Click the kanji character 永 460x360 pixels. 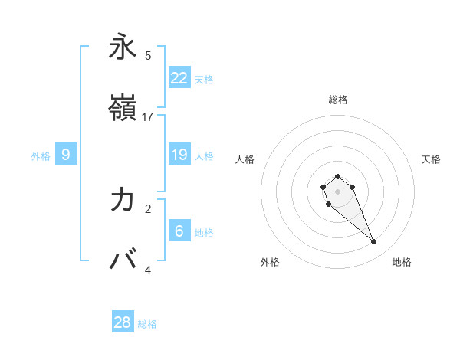[x=123, y=47]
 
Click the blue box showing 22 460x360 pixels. [x=179, y=77]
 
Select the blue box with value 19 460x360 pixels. [x=179, y=155]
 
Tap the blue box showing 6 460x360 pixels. [x=179, y=231]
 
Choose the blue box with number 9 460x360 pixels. [x=66, y=155]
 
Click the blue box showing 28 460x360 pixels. [x=123, y=322]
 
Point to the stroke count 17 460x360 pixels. [x=148, y=117]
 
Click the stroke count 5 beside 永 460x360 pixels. [x=148, y=56]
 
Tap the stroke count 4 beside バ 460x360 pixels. [x=148, y=270]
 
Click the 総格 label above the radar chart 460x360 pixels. [x=337, y=100]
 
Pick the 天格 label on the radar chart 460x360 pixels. [x=431, y=159]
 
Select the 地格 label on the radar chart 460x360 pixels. [x=402, y=262]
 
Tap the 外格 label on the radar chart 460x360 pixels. [x=270, y=262]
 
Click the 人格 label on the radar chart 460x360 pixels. [x=245, y=159]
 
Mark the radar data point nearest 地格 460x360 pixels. [x=374, y=242]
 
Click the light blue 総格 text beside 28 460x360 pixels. [x=147, y=324]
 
